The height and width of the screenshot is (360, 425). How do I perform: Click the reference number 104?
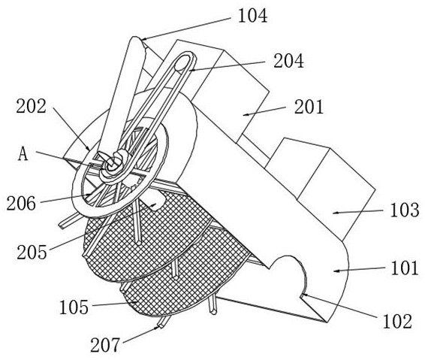(x=252, y=16)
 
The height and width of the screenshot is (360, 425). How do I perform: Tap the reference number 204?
(x=288, y=61)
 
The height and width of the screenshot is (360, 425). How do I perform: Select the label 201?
(x=309, y=107)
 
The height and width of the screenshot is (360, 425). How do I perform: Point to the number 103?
(x=405, y=210)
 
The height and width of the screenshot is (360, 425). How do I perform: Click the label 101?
(x=405, y=268)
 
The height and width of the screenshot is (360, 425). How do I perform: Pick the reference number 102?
(x=397, y=321)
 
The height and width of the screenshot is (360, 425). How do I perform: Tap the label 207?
(x=105, y=345)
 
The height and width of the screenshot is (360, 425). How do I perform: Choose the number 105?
(x=74, y=307)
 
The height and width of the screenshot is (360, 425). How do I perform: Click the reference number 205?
(x=32, y=253)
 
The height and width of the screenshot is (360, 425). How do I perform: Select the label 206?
(x=21, y=204)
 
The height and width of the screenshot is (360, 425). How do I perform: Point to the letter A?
(x=23, y=155)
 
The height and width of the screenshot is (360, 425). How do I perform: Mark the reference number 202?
(x=32, y=106)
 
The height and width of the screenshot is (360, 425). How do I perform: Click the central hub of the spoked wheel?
(x=111, y=164)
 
